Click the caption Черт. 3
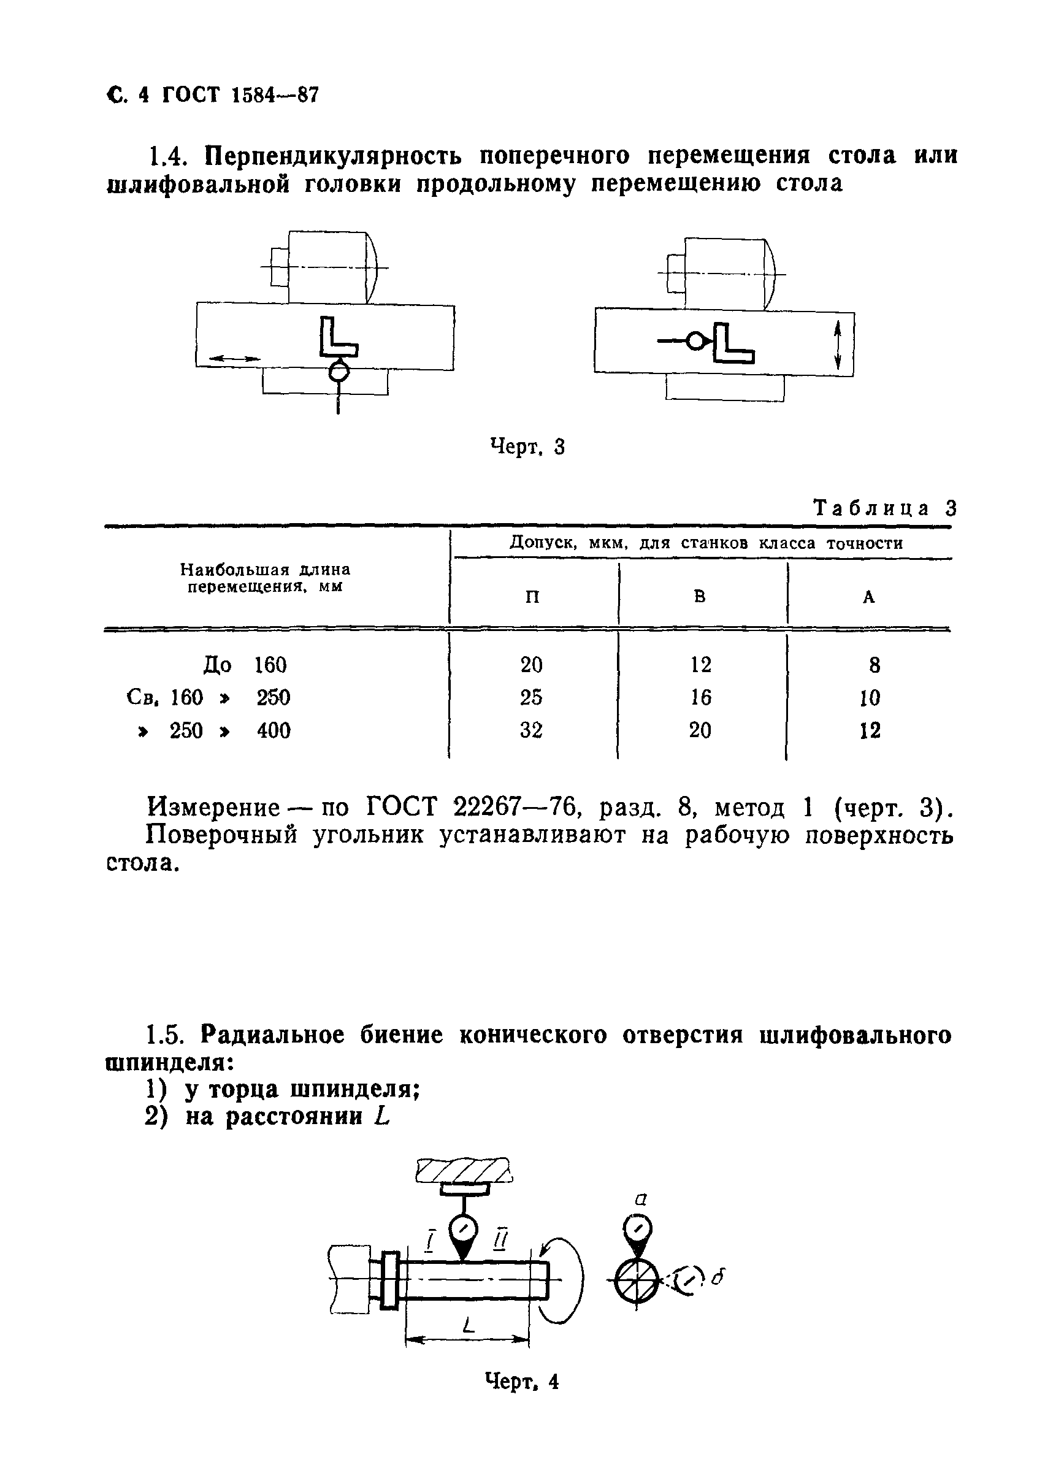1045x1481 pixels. (x=527, y=446)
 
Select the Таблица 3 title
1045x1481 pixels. (x=885, y=508)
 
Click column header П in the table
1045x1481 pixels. (x=532, y=597)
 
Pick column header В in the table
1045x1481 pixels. (x=700, y=597)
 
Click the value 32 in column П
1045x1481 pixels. (x=532, y=730)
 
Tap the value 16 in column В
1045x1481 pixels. (x=700, y=697)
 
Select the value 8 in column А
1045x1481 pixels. (x=874, y=665)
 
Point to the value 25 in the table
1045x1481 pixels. (x=532, y=697)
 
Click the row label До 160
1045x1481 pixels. (x=245, y=665)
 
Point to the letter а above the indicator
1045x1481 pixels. (x=640, y=1199)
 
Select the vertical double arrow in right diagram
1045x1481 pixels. (x=838, y=346)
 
